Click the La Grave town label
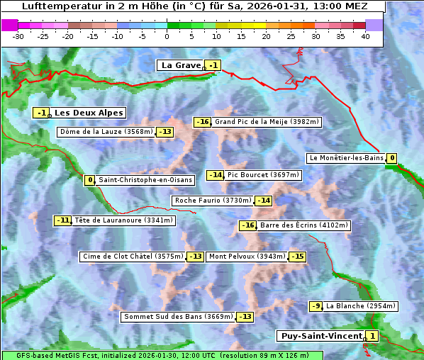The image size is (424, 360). tap(181, 65)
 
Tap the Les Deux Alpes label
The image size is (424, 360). tap(89, 113)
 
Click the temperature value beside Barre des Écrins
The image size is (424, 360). tap(247, 225)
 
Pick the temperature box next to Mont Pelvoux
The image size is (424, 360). tap(297, 257)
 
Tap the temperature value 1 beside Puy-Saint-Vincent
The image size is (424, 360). tap(372, 336)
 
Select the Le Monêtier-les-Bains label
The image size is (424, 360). tap(346, 158)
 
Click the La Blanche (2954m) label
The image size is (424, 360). tap(360, 306)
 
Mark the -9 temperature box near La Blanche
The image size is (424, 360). tap(316, 306)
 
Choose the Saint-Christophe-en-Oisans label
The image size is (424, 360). tap(145, 180)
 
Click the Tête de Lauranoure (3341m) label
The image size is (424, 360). tap(123, 220)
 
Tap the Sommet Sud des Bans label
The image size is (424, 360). tap(178, 317)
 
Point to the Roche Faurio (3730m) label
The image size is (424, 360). tap(213, 201)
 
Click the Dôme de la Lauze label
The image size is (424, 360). tap(106, 132)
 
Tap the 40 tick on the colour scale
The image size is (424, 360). tap(365, 36)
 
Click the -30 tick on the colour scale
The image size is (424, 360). tap(18, 36)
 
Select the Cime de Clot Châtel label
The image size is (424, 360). tap(133, 257)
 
